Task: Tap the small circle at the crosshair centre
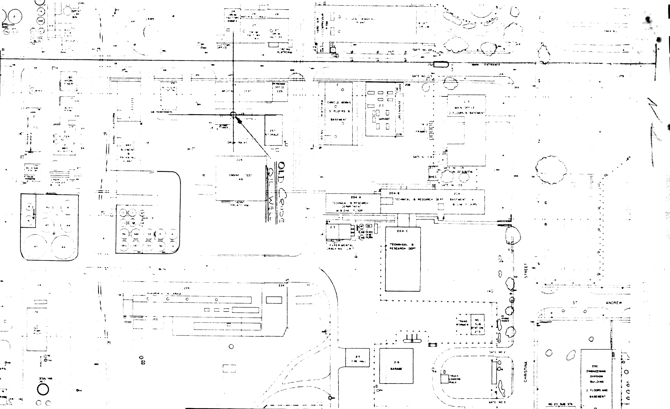pos(233,115)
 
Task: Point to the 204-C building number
pos(402,231)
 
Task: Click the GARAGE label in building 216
pos(396,369)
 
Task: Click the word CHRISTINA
pos(526,372)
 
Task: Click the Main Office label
pos(466,108)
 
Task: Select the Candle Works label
pos(337,102)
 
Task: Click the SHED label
pos(432,177)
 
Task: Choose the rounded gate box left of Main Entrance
pos(441,65)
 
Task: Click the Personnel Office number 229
pos(279,91)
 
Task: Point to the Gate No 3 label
pos(497,402)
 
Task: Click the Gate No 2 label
pos(497,352)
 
